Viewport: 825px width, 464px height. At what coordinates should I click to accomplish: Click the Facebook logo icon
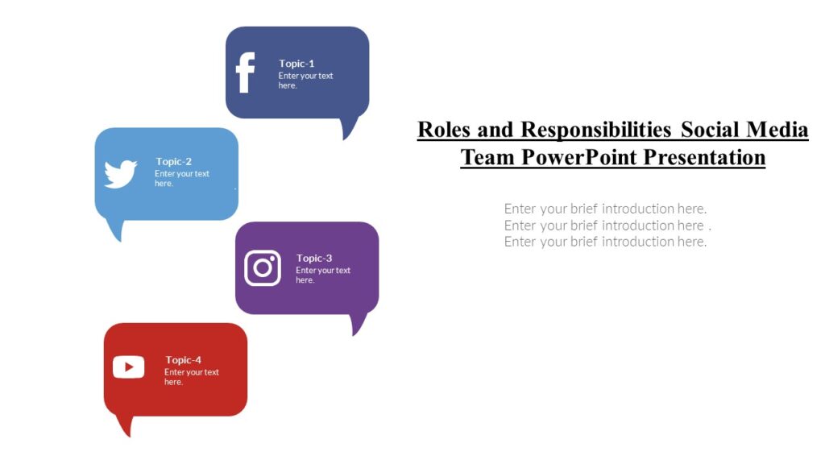[x=245, y=73]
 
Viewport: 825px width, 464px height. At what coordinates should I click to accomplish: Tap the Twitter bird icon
[x=120, y=174]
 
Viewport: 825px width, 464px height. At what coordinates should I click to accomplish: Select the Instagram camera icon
[x=263, y=268]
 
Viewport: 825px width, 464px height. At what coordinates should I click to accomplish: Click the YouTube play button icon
[x=129, y=367]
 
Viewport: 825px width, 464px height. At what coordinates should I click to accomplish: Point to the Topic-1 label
[x=296, y=64]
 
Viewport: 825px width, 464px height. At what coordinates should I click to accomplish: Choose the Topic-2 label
[x=173, y=161]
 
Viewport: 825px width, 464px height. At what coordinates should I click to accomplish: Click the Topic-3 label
[x=314, y=259]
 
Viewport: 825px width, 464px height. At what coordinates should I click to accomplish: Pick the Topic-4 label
[x=183, y=360]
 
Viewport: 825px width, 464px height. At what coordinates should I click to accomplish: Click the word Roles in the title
[x=443, y=130]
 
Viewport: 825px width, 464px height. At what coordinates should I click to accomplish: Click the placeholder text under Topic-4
[x=191, y=377]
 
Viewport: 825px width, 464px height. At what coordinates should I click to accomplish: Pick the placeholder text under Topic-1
[x=305, y=81]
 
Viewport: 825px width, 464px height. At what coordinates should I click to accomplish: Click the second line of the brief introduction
[x=607, y=226]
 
